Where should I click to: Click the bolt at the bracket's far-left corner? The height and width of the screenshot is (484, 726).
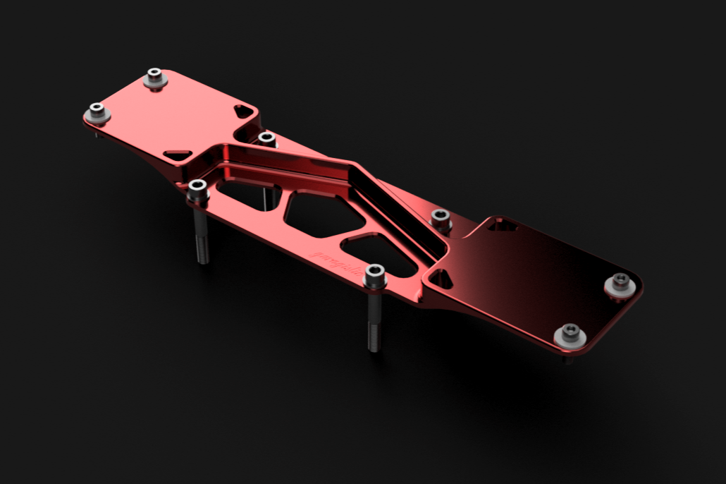click(97, 111)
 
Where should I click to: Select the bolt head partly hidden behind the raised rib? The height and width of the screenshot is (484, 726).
click(266, 138)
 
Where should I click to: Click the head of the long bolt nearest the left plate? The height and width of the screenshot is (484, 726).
click(198, 188)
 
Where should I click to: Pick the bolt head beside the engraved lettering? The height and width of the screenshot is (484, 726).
click(374, 274)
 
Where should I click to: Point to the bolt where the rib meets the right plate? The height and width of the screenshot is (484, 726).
click(441, 217)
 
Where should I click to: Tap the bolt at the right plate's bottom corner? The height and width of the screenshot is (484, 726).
click(569, 334)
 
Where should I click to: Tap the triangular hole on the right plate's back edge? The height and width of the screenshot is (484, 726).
click(501, 225)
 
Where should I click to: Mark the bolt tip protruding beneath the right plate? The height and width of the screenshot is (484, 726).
click(567, 359)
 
